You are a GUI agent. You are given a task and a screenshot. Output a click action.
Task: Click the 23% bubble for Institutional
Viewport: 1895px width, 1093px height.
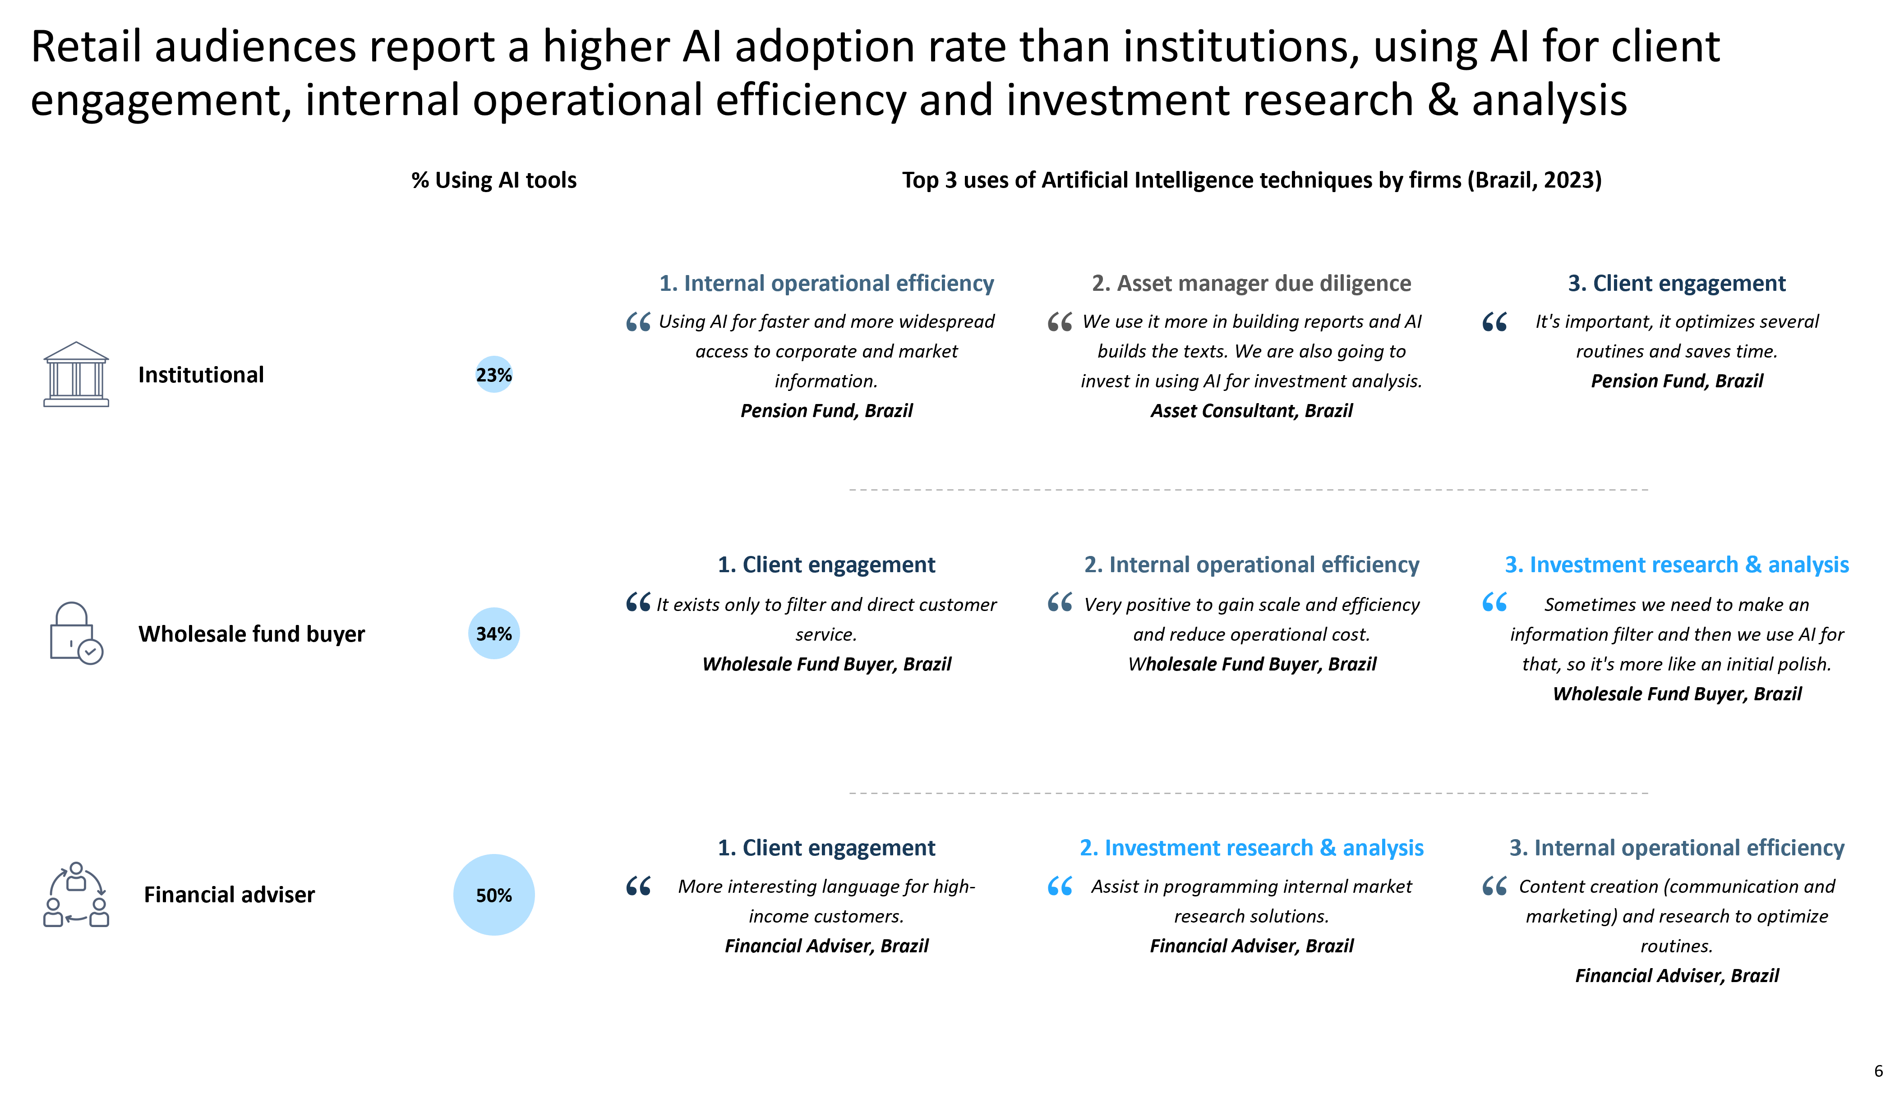(493, 375)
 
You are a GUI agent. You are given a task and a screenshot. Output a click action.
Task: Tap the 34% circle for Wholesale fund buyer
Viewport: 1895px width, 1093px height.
(493, 634)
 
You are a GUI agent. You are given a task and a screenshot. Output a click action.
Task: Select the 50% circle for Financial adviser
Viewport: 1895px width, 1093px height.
(493, 895)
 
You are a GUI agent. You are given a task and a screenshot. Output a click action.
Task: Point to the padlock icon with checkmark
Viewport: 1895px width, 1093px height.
(76, 633)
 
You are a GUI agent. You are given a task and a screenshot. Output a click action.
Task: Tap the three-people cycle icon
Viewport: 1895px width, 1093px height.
(76, 895)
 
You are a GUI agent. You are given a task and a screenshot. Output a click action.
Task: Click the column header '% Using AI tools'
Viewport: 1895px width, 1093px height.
(493, 180)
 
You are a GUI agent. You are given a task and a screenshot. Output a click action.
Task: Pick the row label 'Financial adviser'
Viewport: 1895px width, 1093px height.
(229, 895)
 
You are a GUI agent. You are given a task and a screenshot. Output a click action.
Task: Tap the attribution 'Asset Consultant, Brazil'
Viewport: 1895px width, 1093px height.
(1252, 411)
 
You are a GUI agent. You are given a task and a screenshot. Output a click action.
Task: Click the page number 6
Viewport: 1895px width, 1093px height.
(1878, 1071)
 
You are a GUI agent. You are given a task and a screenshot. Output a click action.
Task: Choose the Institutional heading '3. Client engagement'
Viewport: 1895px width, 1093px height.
(1677, 283)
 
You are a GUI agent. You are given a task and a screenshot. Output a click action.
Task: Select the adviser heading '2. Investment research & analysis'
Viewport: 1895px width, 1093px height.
(1252, 848)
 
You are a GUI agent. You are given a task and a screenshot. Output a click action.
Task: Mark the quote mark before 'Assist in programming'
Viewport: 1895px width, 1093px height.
(1059, 886)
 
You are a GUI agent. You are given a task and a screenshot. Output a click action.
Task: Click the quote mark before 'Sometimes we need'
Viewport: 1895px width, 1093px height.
(1494, 602)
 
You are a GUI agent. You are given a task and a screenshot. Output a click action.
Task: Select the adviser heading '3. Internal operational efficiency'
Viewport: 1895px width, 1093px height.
(1677, 848)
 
